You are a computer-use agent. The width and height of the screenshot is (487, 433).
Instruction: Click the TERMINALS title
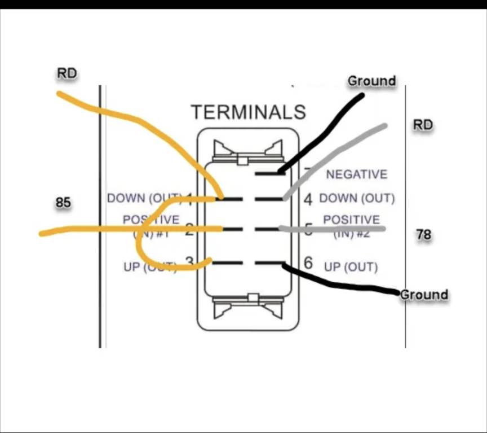pos(248,112)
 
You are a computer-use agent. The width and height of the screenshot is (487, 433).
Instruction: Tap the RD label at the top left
pos(67,73)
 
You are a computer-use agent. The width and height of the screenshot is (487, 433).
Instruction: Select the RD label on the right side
pos(423,125)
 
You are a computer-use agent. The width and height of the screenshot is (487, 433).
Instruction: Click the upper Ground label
pos(371,81)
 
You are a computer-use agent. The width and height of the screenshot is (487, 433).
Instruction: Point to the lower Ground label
pos(424,295)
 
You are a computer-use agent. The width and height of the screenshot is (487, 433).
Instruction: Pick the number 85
pos(63,202)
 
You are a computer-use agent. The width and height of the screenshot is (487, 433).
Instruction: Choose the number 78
pos(423,234)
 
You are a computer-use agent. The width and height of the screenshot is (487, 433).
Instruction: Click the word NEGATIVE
pos(357,174)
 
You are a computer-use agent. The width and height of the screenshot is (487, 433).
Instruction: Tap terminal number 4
pos(308,199)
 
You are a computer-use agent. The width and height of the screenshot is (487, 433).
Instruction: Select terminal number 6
pos(308,263)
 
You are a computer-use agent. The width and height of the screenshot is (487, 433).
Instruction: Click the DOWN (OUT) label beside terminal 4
pos(357,199)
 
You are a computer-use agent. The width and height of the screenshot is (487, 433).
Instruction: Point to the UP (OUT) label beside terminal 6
pos(351,266)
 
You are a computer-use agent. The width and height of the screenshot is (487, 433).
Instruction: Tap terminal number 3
pos(189,263)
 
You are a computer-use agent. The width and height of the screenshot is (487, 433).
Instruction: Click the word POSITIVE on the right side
pos(351,219)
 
